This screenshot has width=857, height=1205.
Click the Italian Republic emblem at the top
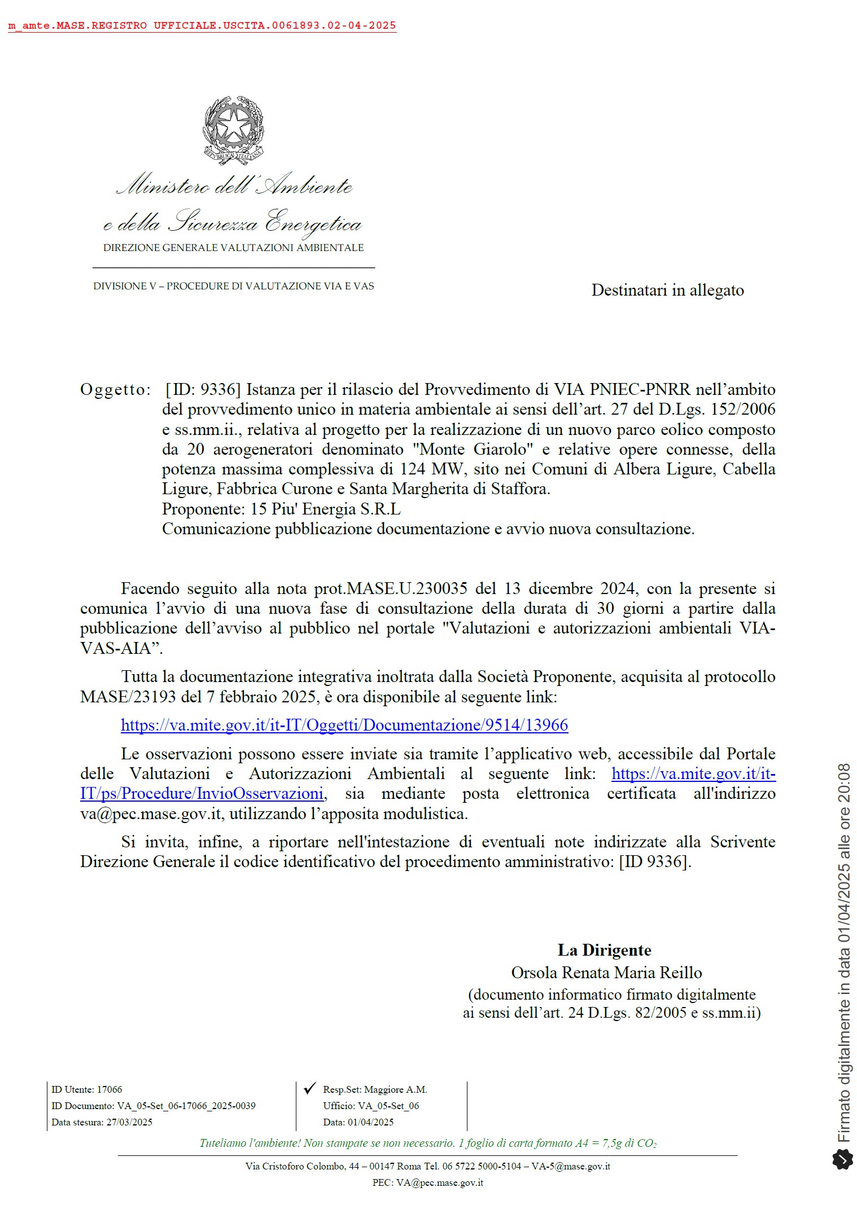[233, 130]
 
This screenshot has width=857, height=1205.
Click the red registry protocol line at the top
[202, 26]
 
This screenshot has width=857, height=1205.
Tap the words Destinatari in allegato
[667, 290]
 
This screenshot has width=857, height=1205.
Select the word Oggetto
[116, 389]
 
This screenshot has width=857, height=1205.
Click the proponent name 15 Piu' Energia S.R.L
[325, 509]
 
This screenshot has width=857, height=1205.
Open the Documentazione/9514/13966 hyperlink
[344, 725]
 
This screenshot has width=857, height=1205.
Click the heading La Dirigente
[604, 950]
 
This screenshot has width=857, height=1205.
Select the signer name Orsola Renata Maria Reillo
[606, 973]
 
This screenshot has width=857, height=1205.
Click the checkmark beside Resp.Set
[309, 1089]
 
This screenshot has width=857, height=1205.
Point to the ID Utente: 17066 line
[87, 1089]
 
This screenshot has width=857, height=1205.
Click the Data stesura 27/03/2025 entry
[102, 1122]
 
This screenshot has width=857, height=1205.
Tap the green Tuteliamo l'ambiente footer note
[427, 1144]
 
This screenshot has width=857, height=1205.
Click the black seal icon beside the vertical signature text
[842, 1160]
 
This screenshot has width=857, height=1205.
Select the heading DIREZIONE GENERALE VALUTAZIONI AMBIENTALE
[233, 248]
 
